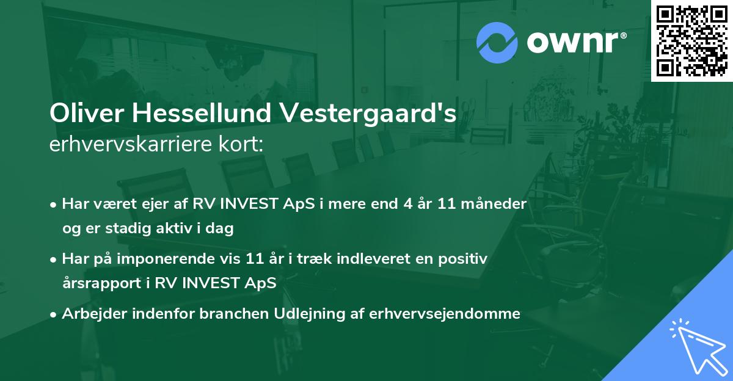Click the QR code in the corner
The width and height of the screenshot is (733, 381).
tap(691, 41)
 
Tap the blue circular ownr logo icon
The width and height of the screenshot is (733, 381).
tap(497, 42)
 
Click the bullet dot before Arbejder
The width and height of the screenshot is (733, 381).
tap(54, 314)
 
